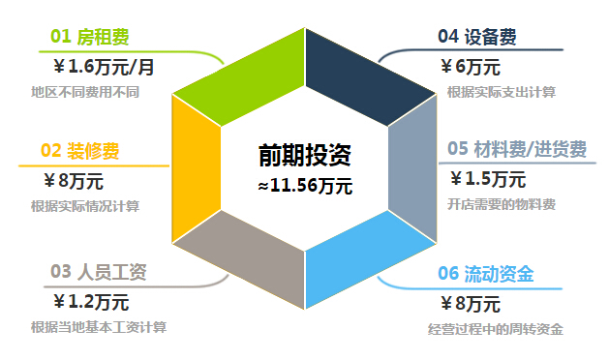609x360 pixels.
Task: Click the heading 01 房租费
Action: pyautogui.click(x=89, y=38)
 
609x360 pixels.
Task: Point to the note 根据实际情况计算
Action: pyautogui.click(x=85, y=206)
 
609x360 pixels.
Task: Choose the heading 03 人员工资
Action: pyautogui.click(x=98, y=272)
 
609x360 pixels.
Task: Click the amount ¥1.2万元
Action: pyautogui.click(x=91, y=301)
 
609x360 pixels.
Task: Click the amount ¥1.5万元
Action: pyautogui.click(x=488, y=179)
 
